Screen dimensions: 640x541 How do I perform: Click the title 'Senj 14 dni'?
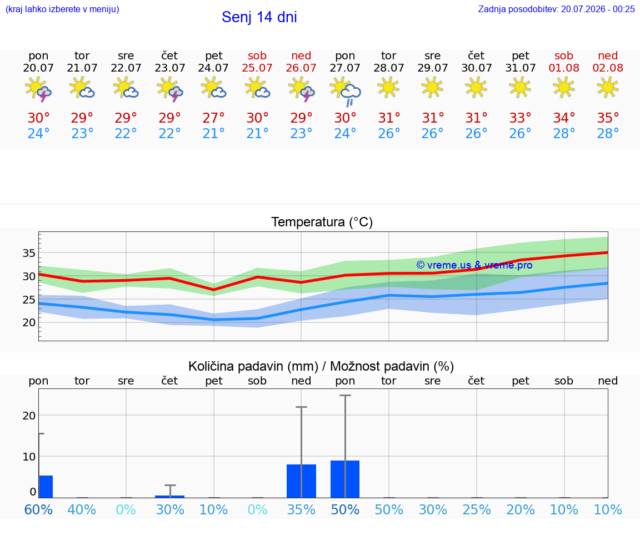[x=259, y=17]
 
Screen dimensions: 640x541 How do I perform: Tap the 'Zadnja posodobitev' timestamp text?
[x=556, y=9]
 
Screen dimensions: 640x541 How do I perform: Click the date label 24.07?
[x=213, y=68]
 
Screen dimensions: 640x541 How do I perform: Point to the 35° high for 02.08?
[x=608, y=118]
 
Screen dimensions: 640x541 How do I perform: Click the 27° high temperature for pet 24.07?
[x=213, y=118]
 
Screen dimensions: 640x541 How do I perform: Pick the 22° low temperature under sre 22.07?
[x=126, y=133]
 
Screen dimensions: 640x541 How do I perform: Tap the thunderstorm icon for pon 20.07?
[x=38, y=89]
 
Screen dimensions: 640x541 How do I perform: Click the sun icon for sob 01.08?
[x=564, y=87]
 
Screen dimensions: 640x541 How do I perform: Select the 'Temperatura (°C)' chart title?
[x=322, y=222]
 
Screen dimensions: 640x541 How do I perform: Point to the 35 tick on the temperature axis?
[x=29, y=253]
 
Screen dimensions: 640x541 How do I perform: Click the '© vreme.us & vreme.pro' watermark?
[x=474, y=265]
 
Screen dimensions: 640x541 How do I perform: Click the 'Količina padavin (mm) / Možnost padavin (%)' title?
[x=321, y=366]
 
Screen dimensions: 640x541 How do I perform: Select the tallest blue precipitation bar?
[x=345, y=479]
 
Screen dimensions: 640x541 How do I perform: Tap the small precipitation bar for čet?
[x=170, y=497]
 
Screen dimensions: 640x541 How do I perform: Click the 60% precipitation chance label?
[x=38, y=509]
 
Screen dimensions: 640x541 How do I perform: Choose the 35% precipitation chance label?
[x=301, y=509]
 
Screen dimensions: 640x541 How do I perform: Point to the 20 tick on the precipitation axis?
[x=29, y=416]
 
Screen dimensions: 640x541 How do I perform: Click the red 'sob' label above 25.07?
[x=257, y=55]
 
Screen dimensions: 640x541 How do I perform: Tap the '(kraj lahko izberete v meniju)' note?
[x=62, y=9]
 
